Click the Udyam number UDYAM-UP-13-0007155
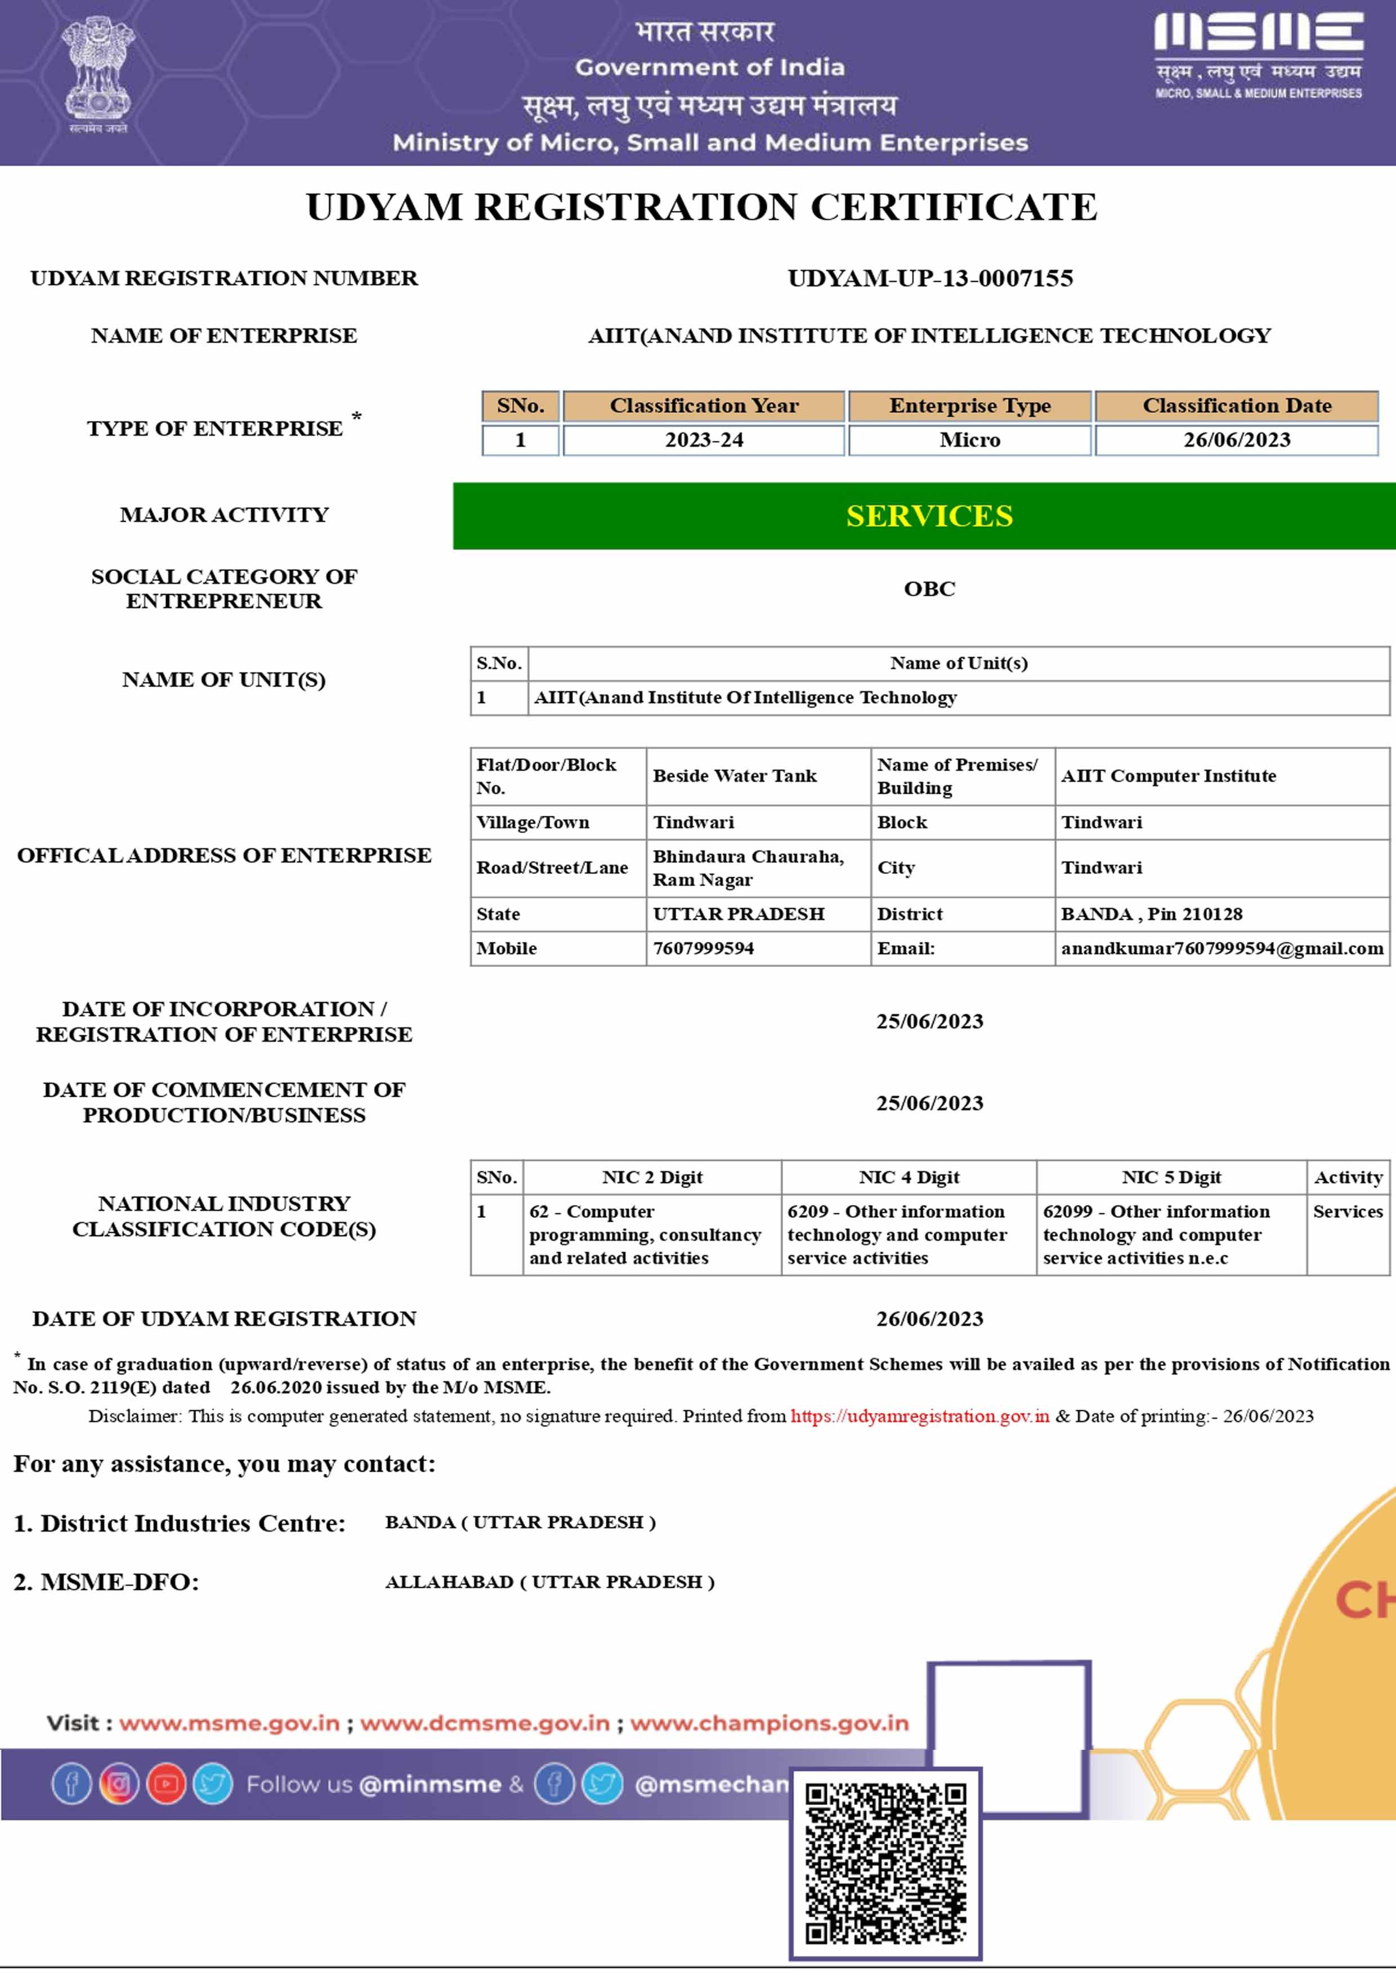[x=930, y=278]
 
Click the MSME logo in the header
[x=1258, y=54]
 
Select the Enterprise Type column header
[x=969, y=405]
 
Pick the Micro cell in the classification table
[x=969, y=440]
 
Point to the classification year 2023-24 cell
[x=704, y=440]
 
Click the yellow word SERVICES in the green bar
[x=929, y=515]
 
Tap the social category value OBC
[x=929, y=588]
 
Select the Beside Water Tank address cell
[x=735, y=776]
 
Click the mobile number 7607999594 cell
[x=704, y=948]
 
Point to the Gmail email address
[x=1221, y=948]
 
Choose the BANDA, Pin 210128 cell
[x=1151, y=914]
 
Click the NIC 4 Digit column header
[x=909, y=1177]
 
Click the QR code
[x=885, y=1862]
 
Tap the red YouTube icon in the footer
[x=166, y=1784]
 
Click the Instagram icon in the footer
[x=119, y=1784]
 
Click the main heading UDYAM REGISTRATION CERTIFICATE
[x=701, y=207]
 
